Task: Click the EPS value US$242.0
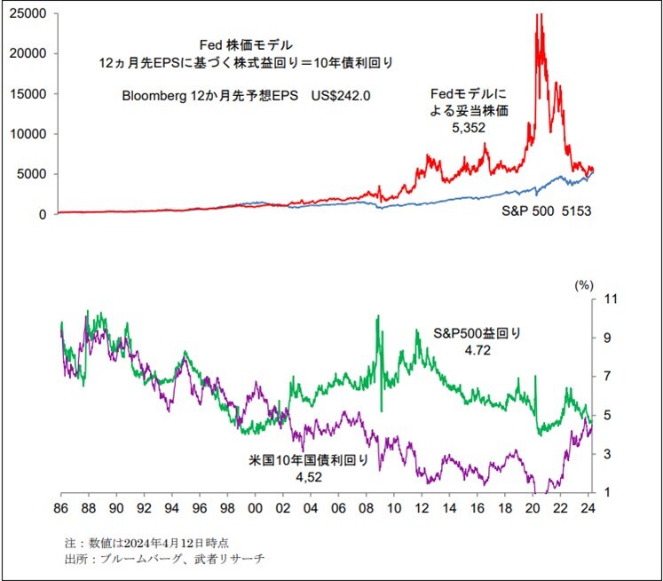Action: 342,95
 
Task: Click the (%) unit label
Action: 583,286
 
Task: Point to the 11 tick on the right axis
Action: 609,299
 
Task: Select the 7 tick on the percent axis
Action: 607,377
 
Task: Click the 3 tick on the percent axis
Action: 607,454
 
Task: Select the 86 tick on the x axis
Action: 60,508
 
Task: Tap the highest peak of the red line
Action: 539,14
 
